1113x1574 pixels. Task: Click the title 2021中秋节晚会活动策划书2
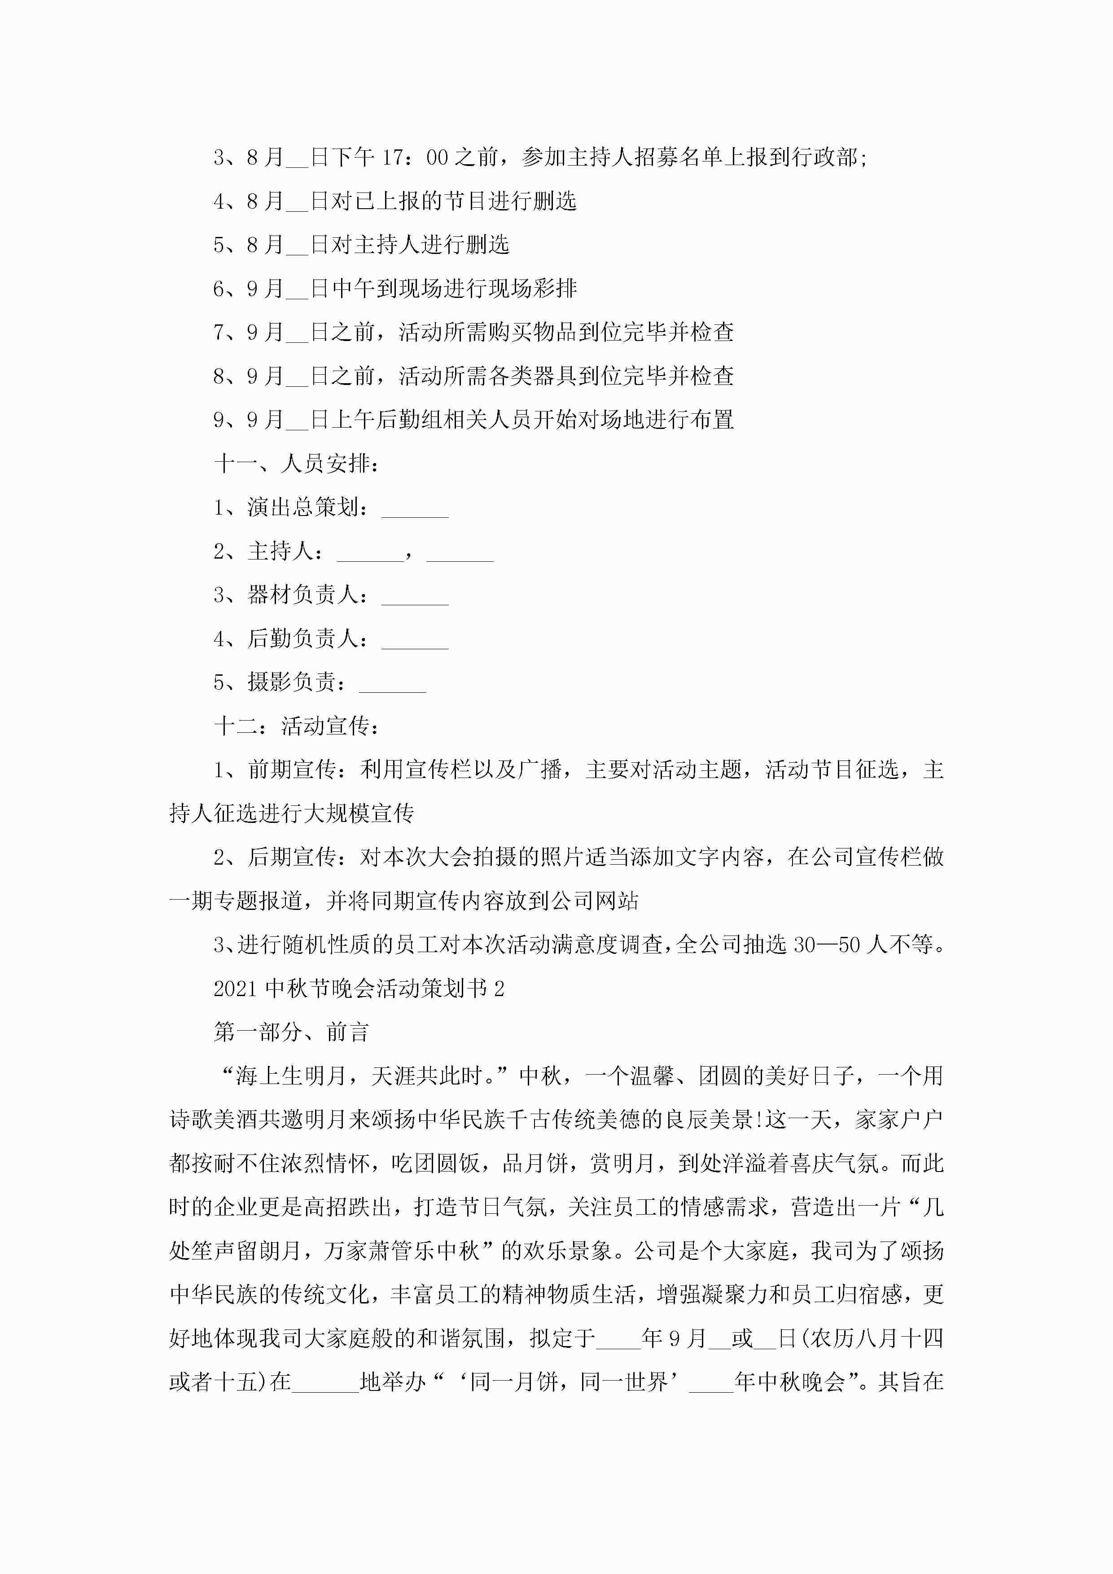tap(359, 988)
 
